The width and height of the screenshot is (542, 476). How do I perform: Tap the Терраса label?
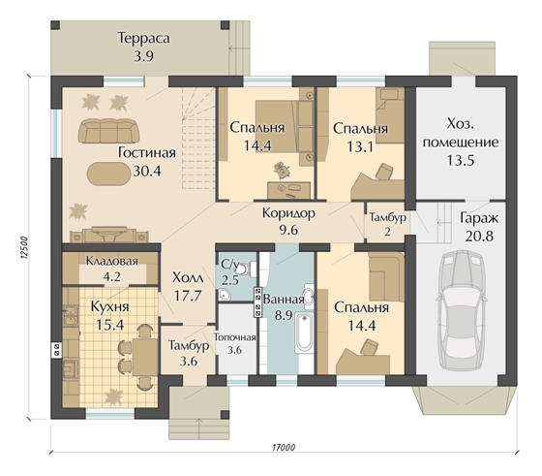pos(144,38)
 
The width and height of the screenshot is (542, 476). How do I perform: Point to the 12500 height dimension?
pos(22,248)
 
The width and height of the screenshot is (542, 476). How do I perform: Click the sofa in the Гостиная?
pos(108,131)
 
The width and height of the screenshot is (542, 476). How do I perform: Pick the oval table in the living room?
pos(108,175)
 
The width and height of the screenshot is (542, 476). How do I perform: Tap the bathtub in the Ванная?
pos(305,333)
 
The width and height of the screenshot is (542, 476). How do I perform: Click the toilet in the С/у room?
pos(248,269)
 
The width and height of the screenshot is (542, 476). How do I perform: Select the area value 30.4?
pos(147,171)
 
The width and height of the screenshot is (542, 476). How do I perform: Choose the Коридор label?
pos(288,213)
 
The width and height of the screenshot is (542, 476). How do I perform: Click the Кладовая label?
pos(111,261)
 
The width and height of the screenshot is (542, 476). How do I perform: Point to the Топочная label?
pos(234,337)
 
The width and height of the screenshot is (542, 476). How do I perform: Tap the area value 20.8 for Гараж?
pos(479,237)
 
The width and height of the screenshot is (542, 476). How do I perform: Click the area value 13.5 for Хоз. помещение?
pos(461,160)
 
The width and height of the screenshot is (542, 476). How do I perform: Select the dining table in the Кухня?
pos(145,357)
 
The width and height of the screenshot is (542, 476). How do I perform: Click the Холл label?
pos(188,277)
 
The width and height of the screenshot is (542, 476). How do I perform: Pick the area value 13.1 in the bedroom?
pos(360,146)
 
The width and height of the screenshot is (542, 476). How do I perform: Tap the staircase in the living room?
pos(198,138)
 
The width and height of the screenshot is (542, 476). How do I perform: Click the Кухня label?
pos(110,306)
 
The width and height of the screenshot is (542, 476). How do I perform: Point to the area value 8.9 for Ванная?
pos(284,316)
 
